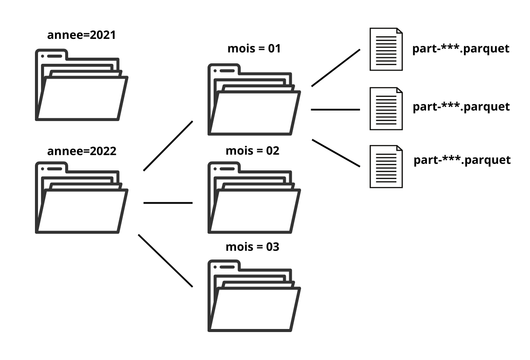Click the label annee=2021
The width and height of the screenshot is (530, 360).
coord(82,35)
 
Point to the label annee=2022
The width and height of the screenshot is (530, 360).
coord(82,152)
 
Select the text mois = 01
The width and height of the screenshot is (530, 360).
coord(254,48)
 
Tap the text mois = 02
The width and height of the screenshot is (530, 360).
coord(252,151)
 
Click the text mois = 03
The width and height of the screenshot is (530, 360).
coord(252,247)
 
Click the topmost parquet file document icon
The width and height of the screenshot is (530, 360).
coord(386,49)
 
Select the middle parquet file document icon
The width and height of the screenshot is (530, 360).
coord(386,108)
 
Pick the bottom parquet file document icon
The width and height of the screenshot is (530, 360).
coord(386,166)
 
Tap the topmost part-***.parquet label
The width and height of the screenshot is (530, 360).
coord(461,48)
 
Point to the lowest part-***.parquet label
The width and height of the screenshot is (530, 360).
coord(462,160)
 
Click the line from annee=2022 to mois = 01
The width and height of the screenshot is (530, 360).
coord(168,145)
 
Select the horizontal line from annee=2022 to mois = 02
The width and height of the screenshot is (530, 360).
coord(168,203)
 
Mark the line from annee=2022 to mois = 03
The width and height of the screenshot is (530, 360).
coord(166,261)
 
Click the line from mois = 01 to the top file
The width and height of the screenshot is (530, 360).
coord(336,68)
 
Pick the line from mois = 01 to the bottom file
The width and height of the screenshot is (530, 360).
coord(336,153)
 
